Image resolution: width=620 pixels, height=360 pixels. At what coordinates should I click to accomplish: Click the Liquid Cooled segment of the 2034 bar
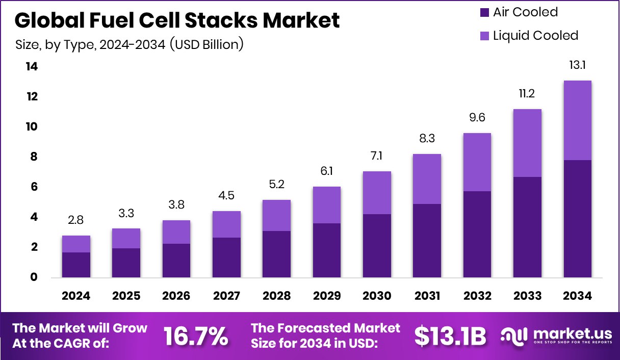point(577,120)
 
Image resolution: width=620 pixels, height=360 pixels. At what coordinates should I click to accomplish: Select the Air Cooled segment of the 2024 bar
point(76,265)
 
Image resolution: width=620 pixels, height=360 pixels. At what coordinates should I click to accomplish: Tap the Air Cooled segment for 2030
point(377,245)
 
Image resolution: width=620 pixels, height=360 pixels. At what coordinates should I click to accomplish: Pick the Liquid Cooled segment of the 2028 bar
point(276,215)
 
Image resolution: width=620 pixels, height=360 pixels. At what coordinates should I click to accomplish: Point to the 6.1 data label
point(326,172)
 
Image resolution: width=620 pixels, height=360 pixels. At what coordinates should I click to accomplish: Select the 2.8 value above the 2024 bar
point(76,220)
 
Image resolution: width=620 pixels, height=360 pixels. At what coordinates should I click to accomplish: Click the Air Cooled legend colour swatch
point(484,12)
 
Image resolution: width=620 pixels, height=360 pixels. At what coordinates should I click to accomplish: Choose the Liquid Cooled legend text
point(535,36)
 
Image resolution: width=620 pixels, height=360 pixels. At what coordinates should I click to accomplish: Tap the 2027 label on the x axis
point(226,296)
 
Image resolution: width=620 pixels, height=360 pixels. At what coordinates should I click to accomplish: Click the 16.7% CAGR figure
point(195,336)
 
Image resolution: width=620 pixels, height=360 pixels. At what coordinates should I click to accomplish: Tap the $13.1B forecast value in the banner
point(450,336)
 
